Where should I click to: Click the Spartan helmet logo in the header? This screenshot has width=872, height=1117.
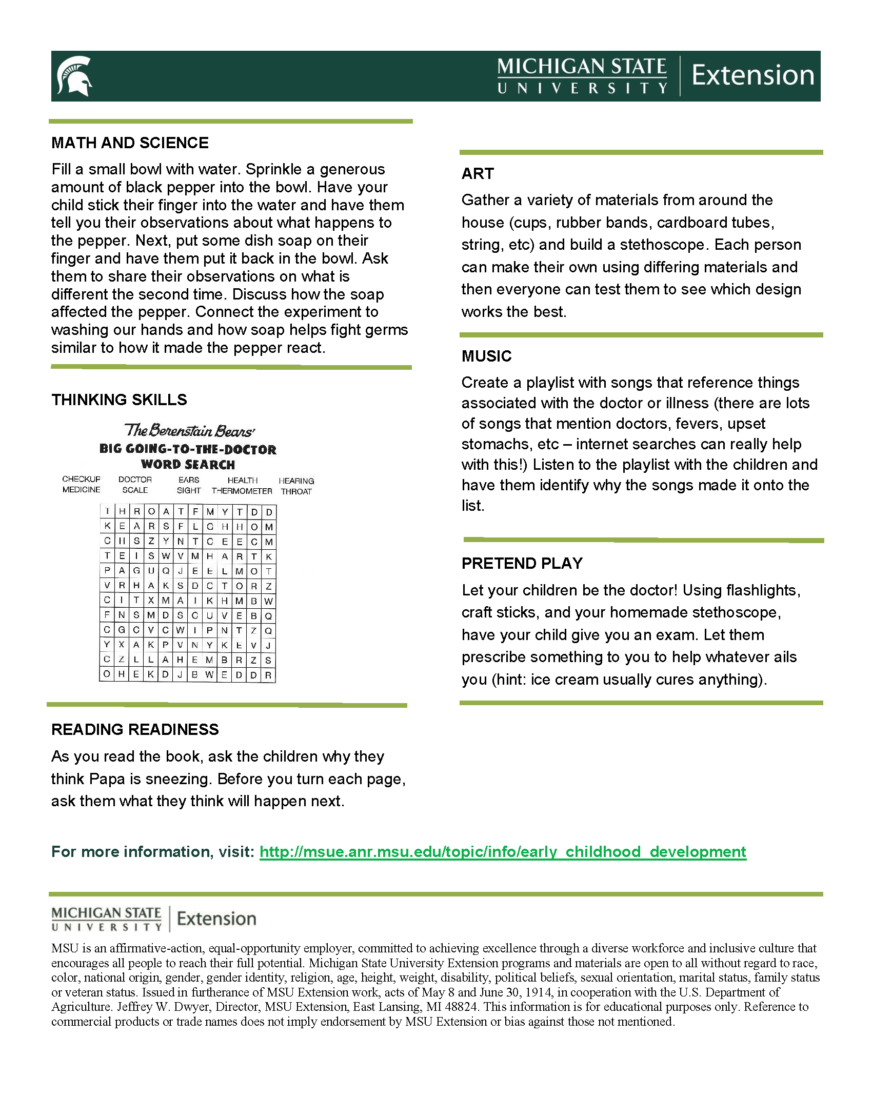click(x=75, y=76)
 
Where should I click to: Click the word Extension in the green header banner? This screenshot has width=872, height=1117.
click(x=752, y=75)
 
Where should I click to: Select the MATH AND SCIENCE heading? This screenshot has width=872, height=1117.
click(x=130, y=143)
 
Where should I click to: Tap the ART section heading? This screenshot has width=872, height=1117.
click(x=478, y=174)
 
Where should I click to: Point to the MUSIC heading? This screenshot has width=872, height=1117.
click(x=486, y=356)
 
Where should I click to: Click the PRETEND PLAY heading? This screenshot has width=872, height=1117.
click(x=522, y=563)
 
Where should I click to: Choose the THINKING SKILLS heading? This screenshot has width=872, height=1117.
click(x=119, y=400)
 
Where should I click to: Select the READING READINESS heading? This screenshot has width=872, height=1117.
click(x=135, y=729)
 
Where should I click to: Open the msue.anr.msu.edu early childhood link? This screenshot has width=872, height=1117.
click(x=503, y=852)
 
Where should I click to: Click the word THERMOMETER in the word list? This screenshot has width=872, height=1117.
click(x=242, y=491)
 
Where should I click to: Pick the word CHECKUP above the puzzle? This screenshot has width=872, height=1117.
click(x=81, y=479)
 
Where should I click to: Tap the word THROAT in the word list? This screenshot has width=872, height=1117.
click(x=296, y=491)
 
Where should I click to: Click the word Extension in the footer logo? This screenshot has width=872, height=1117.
click(x=216, y=919)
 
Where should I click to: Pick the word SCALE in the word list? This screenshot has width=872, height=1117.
click(x=135, y=490)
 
